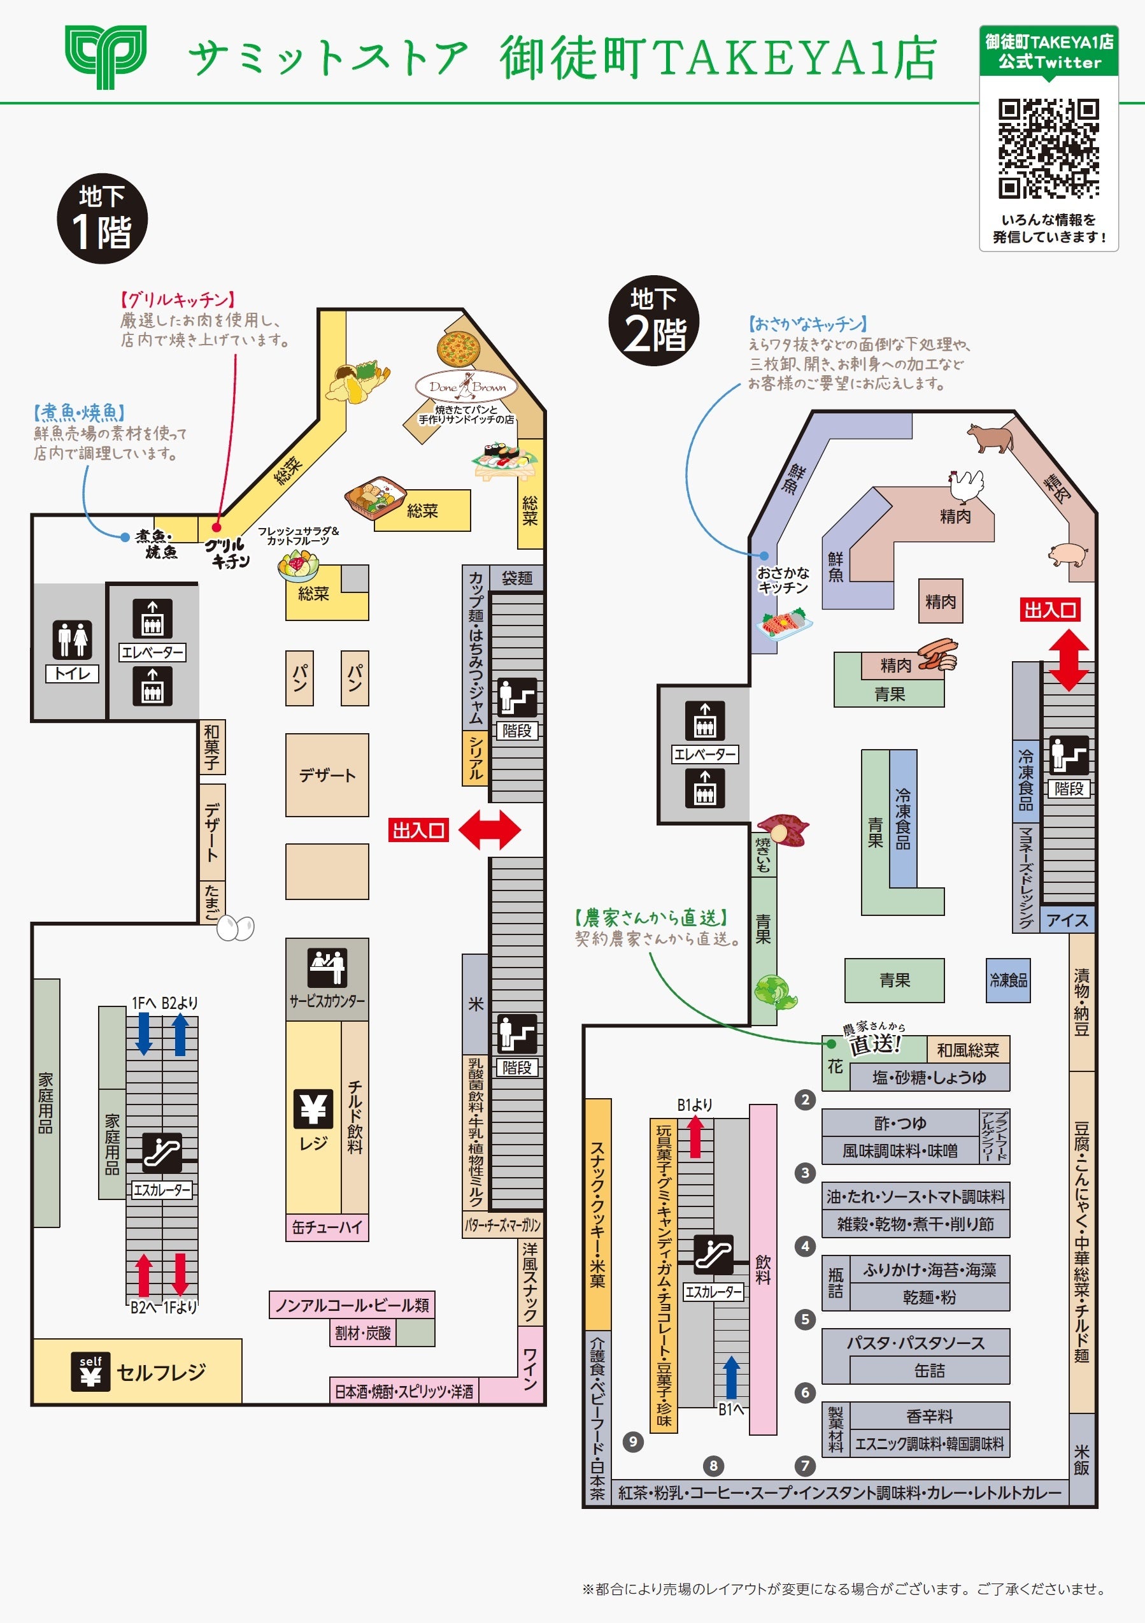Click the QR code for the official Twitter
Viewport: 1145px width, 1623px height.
point(1048,148)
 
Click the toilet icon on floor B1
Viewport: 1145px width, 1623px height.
point(72,639)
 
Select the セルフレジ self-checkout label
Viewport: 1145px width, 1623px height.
point(160,1372)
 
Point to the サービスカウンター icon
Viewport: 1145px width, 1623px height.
point(327,966)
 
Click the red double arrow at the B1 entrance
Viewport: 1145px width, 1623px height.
point(490,829)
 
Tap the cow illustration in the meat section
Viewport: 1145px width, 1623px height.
point(990,438)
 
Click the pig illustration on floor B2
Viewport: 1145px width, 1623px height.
point(1068,554)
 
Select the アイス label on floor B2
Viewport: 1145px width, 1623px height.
point(1067,920)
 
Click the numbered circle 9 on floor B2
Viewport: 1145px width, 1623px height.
point(632,1441)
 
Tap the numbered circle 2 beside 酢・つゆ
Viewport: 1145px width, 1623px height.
point(805,1099)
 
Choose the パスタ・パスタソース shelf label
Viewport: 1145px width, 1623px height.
point(915,1343)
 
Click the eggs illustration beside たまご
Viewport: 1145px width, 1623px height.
point(236,927)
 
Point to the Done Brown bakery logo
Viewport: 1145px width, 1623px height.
point(467,387)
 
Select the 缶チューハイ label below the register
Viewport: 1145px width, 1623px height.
point(327,1227)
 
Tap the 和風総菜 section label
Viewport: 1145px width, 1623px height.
point(967,1050)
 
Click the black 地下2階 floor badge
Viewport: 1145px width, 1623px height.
point(654,320)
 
